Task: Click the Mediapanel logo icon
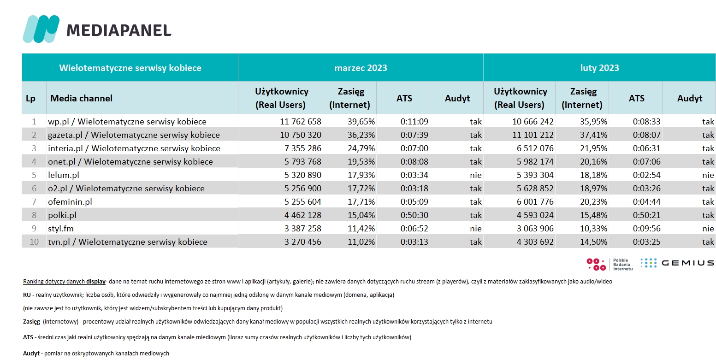point(41,29)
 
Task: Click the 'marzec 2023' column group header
point(361,68)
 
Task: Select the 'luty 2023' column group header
point(600,68)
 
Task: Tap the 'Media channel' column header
point(81,98)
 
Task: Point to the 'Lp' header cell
point(31,98)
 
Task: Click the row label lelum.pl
point(64,175)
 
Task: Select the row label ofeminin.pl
point(70,202)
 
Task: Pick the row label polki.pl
point(62,215)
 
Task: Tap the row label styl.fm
point(61,229)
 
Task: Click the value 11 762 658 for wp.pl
point(301,122)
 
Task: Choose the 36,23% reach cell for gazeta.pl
point(361,135)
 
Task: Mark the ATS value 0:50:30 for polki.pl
point(414,215)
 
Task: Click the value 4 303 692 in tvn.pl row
point(535,242)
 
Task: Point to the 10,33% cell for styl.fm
point(593,229)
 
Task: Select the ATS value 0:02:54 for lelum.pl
point(647,175)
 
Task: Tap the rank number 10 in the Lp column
point(34,242)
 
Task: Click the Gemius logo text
point(688,263)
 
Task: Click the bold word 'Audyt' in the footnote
point(31,353)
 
